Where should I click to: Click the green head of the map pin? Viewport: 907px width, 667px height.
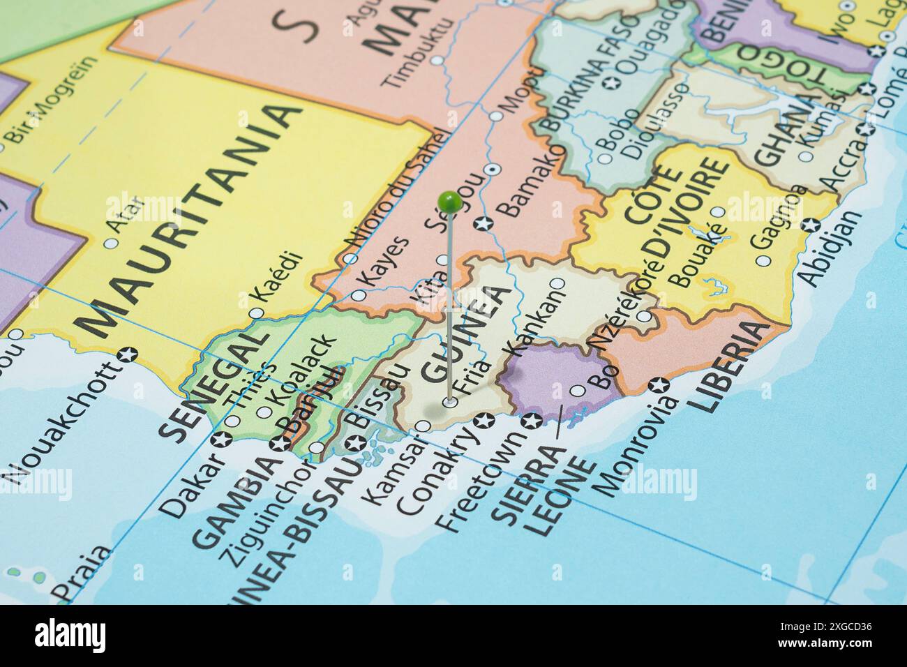pyautogui.click(x=449, y=202)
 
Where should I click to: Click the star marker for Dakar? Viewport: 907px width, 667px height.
pyautogui.click(x=223, y=440)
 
